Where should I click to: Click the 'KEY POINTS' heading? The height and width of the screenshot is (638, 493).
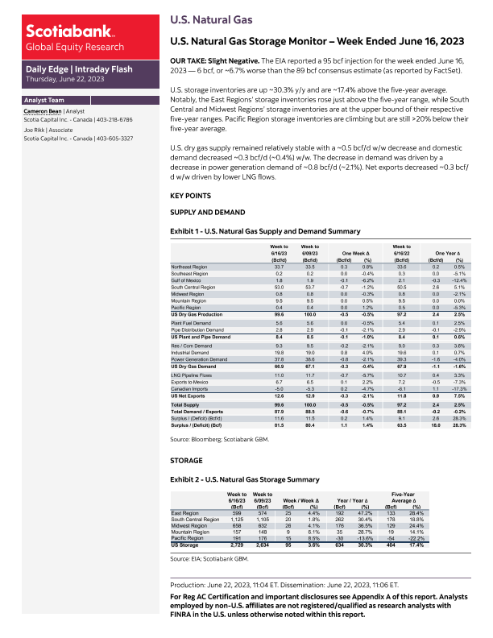tap(191, 196)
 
